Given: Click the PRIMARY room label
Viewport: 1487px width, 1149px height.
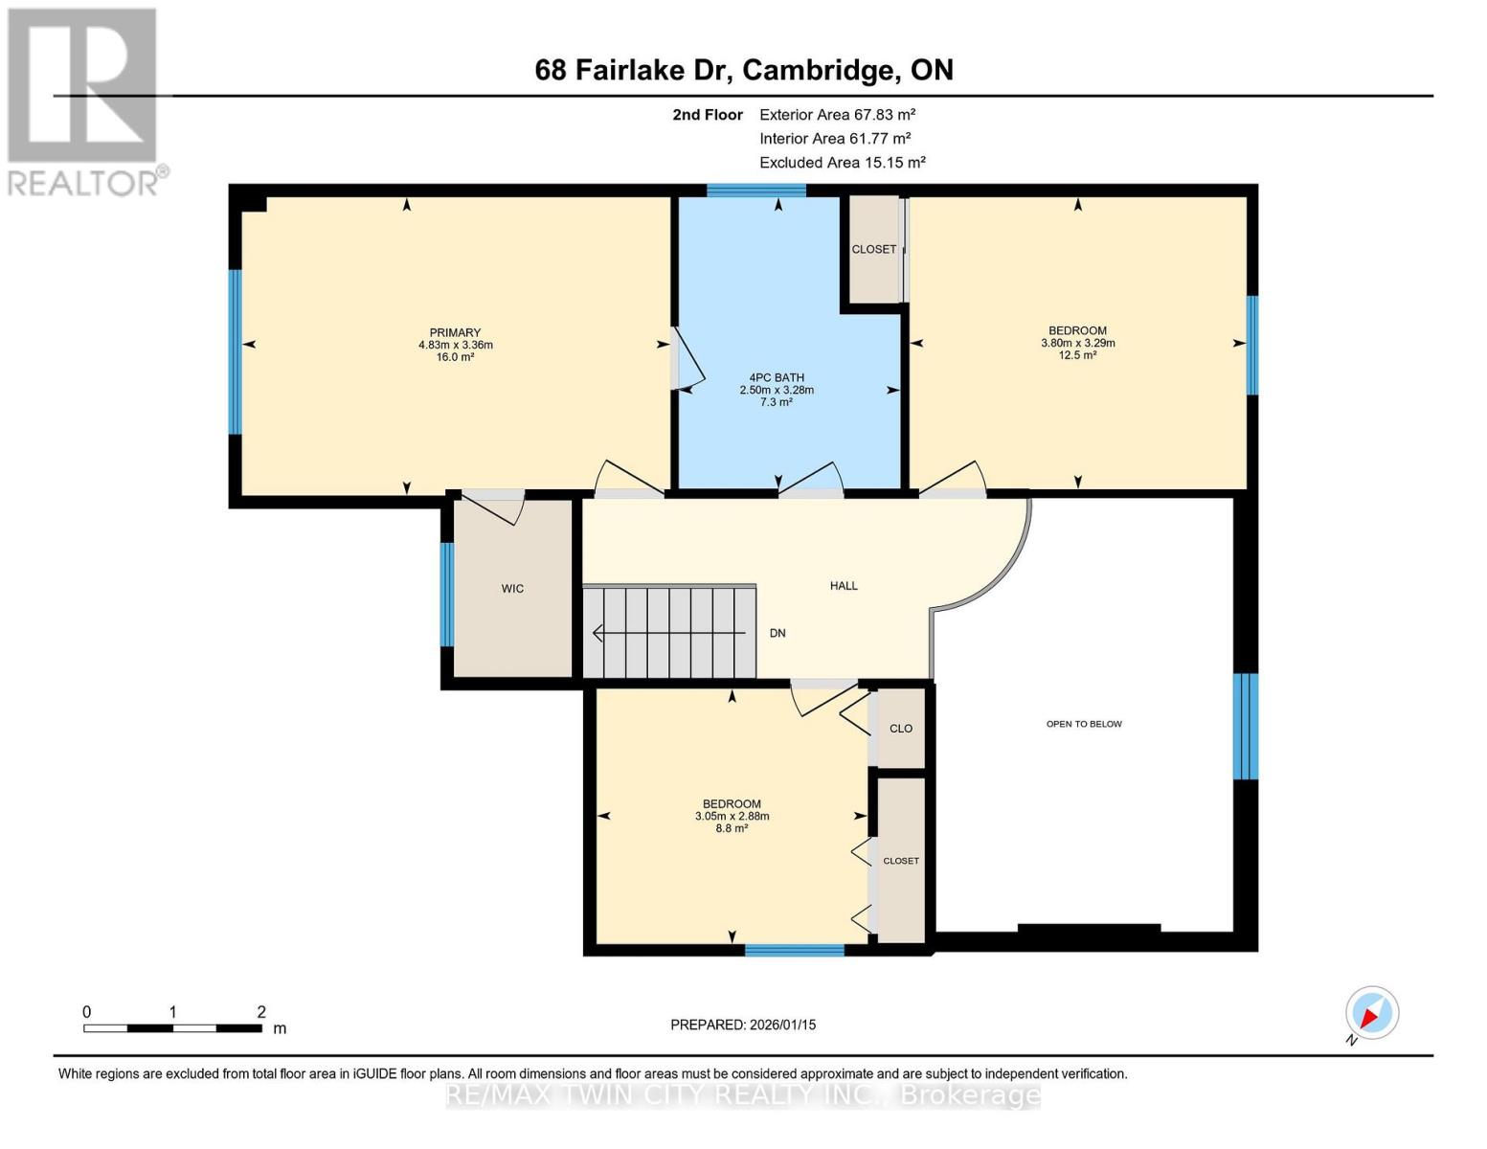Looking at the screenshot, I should point(455,333).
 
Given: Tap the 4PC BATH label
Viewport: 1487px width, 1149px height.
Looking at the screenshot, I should point(777,377).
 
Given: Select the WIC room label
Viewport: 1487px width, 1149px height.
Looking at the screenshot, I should point(512,589).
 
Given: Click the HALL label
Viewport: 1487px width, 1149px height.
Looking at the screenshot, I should point(844,586).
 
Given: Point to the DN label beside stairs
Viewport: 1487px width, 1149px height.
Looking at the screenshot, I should point(777,633).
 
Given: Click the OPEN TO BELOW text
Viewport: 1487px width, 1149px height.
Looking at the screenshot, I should point(1084,724).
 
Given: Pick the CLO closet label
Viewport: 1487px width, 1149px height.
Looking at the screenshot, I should point(901,729).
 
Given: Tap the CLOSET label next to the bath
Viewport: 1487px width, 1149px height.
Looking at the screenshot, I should point(874,249).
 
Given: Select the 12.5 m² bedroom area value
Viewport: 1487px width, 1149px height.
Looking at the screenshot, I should point(1077,355).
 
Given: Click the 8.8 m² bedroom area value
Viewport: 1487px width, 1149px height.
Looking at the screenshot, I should point(732,828).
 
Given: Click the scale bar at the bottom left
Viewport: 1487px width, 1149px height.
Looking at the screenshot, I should point(172,1028).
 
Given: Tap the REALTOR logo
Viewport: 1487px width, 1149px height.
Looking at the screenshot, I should point(83,101).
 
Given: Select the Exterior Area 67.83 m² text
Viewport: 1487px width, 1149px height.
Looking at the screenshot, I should point(837,114).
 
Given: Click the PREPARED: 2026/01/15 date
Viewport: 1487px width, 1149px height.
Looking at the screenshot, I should point(743,1025).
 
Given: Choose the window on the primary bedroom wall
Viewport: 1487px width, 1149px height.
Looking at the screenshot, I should point(235,351).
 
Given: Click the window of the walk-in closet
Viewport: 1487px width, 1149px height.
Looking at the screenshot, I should point(446,595).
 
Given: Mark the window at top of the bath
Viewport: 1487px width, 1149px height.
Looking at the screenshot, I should point(755,190).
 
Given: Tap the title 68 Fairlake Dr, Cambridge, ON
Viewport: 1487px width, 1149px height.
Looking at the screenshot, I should point(744,70).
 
